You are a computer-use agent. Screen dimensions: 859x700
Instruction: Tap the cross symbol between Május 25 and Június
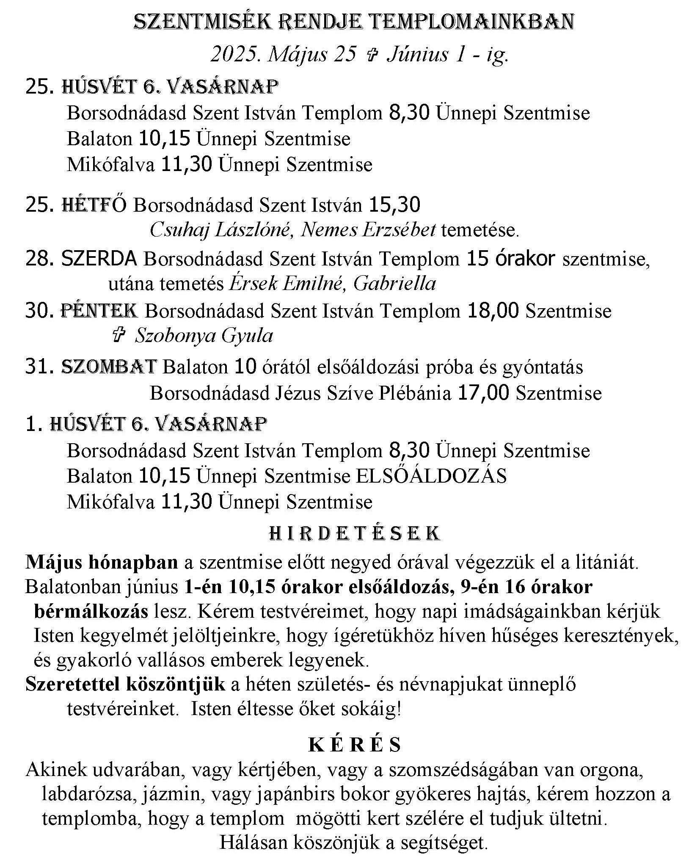coord(371,55)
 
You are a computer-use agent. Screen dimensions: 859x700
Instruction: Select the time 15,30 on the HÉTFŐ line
coord(394,205)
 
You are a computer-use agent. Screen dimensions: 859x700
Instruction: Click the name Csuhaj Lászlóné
coord(220,230)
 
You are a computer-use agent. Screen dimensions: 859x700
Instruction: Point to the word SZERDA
coord(99,258)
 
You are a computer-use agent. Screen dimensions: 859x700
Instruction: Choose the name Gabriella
coord(394,283)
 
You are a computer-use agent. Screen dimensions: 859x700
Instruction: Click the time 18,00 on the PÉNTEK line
coord(493,311)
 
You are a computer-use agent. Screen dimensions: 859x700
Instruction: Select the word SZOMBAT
coord(109,367)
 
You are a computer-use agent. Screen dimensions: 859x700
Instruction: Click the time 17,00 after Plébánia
coord(483,393)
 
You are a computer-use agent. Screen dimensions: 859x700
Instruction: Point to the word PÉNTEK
coord(99,311)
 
